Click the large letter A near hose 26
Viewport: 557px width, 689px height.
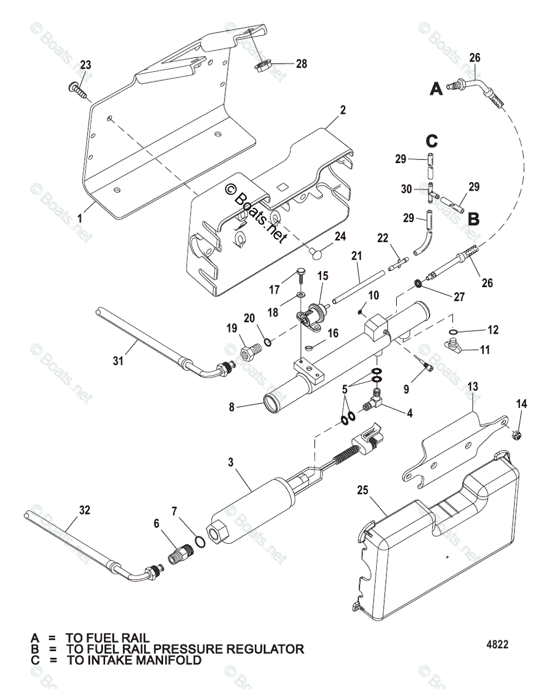tap(436, 89)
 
